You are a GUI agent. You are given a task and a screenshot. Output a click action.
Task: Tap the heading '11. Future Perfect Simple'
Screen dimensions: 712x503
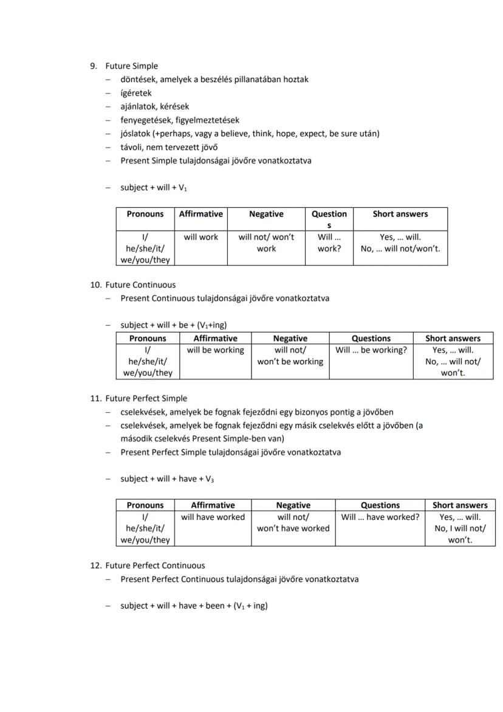[146, 398]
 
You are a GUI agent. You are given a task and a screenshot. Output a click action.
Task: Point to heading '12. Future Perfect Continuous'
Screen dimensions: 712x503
[154, 565]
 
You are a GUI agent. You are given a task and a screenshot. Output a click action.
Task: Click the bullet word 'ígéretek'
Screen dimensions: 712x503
[136, 93]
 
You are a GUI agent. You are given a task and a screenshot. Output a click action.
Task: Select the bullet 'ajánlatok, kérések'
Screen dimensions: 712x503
[154, 106]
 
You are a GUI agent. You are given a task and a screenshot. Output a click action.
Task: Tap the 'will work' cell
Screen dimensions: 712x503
[200, 237]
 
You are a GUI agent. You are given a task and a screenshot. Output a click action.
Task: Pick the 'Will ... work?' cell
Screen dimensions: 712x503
[329, 243]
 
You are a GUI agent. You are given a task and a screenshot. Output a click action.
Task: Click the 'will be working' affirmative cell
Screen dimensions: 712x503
[215, 350]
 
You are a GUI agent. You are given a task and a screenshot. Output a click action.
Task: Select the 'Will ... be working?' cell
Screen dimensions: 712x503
[371, 350]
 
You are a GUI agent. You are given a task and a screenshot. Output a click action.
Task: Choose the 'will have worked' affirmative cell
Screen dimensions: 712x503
[213, 517]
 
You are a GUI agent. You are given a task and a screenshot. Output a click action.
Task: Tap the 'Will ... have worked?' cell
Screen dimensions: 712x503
[380, 517]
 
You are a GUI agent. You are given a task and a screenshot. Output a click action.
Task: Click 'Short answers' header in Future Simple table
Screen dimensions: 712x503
[400, 214]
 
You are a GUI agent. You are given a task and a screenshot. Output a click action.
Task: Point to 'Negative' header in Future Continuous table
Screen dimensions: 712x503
[290, 338]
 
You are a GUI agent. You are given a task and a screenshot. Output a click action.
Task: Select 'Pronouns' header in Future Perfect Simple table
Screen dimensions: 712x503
[145, 505]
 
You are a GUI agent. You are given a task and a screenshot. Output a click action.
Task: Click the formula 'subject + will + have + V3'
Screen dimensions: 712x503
[166, 479]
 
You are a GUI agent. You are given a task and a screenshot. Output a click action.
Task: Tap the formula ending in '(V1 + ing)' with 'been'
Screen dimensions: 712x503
[194, 606]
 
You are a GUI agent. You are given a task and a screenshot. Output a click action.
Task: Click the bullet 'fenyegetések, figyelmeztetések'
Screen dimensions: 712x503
[179, 120]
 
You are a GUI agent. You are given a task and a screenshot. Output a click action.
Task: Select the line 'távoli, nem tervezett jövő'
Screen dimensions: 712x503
[169, 147]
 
